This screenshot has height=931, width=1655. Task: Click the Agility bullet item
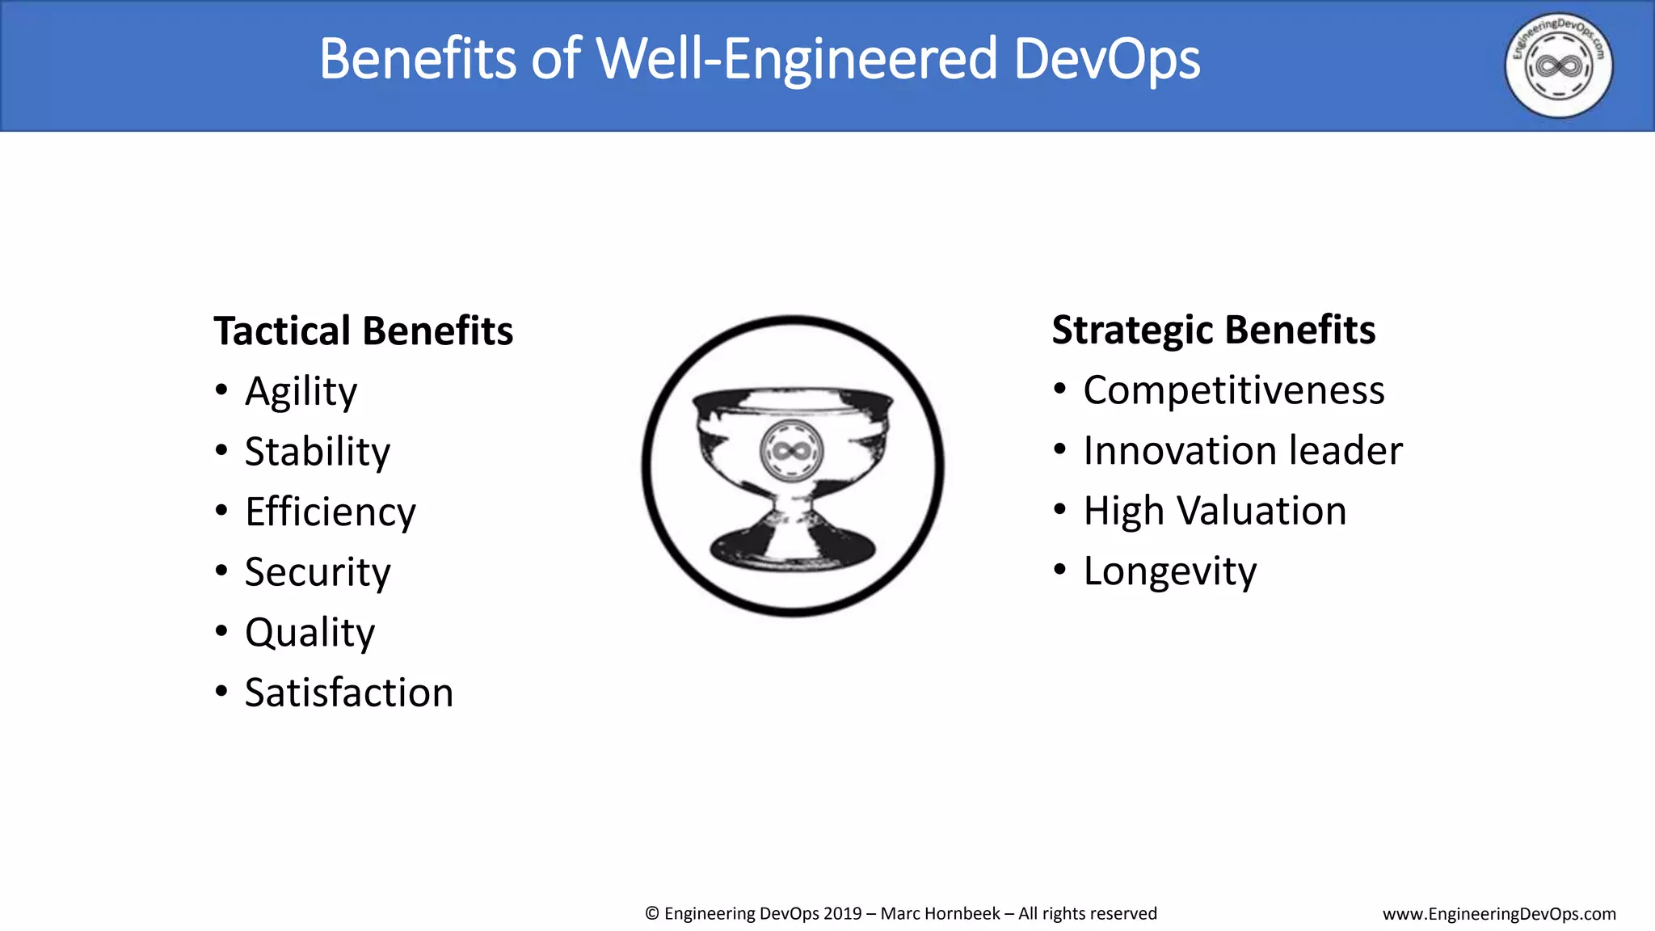click(x=301, y=393)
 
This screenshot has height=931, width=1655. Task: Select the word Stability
click(x=318, y=452)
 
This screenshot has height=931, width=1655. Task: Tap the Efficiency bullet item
click(x=331, y=512)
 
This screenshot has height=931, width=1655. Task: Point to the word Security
click(x=318, y=573)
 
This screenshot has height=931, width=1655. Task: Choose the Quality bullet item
click(x=310, y=633)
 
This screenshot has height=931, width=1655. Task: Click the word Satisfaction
click(x=349, y=693)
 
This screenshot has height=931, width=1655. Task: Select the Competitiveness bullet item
click(x=1233, y=391)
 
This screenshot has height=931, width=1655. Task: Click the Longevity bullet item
click(x=1169, y=572)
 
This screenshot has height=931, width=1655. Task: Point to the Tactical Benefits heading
click(x=364, y=331)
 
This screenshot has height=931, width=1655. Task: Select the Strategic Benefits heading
click(x=1213, y=331)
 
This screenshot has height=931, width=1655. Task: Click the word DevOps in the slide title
click(x=1106, y=59)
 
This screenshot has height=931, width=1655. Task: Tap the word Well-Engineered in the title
click(x=796, y=59)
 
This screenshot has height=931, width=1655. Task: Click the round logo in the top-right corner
click(x=1558, y=65)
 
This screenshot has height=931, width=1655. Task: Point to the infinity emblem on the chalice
click(x=792, y=450)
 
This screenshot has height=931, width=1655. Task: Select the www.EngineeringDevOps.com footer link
click(x=1499, y=914)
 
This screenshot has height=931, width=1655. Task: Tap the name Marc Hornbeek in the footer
click(x=940, y=914)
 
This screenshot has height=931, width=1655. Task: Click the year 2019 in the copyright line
click(x=842, y=914)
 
